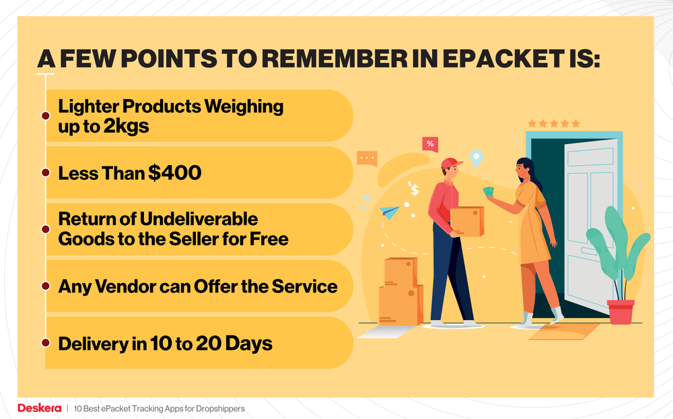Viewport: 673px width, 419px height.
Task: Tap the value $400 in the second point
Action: [x=175, y=173]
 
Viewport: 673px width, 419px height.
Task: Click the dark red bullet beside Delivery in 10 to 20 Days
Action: [x=45, y=343]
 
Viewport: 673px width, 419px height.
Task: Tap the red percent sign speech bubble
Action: [x=430, y=143]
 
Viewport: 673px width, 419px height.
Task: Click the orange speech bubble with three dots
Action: [x=367, y=159]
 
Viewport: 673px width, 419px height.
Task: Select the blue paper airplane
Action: [x=390, y=213]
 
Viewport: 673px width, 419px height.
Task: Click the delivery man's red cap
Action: [x=451, y=163]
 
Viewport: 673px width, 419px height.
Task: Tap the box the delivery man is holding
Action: [x=467, y=221]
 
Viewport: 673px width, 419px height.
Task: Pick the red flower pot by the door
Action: [x=620, y=312]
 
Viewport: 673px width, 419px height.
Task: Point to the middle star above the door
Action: [x=553, y=124]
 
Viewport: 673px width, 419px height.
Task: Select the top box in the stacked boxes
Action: [x=400, y=272]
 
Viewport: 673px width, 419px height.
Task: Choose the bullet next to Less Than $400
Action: [x=45, y=173]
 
